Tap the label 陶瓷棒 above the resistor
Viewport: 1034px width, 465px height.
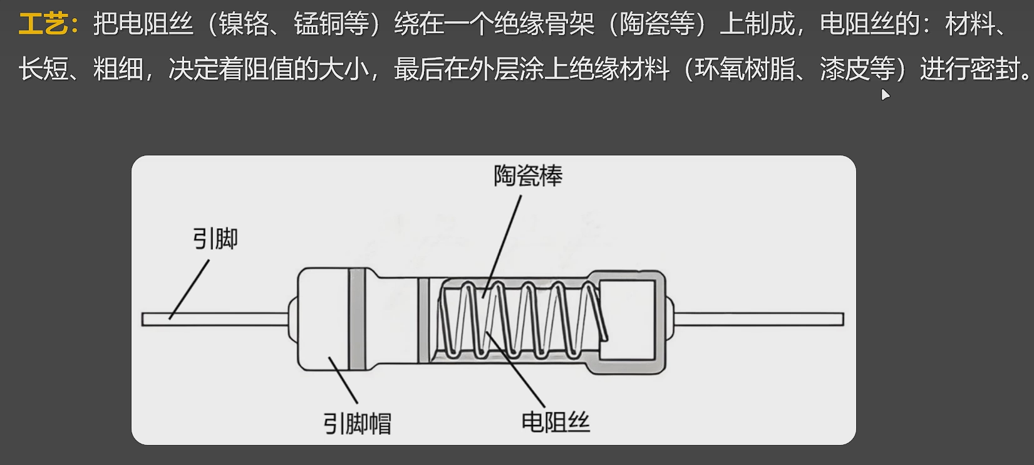coord(527,176)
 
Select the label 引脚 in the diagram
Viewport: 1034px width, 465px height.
coord(215,239)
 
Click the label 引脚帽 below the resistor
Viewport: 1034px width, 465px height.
coord(357,424)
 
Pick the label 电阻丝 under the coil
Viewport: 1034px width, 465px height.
coord(556,422)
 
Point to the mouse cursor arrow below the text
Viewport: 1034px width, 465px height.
coord(884,95)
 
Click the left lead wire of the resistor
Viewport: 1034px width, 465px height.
coord(213,319)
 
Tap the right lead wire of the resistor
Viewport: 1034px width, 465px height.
coord(758,319)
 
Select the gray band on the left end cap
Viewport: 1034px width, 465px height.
coord(357,318)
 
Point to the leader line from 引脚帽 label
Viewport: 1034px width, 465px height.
coord(343,380)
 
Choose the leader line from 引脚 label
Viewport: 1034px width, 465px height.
coord(189,290)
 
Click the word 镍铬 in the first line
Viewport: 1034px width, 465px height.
coord(243,24)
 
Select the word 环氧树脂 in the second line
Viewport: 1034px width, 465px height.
coord(744,69)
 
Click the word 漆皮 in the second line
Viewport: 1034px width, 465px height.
coord(844,69)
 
